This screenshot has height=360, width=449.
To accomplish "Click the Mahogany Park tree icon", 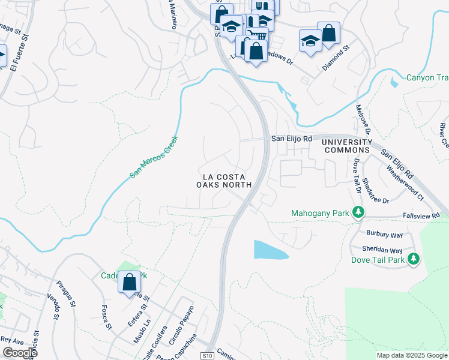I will (x=358, y=212).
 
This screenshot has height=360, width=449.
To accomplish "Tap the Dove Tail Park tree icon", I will (x=414, y=259).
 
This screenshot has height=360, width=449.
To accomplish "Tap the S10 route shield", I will (x=207, y=355).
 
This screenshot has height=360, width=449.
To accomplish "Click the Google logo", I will (x=20, y=353).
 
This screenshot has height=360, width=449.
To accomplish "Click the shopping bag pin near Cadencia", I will (x=129, y=282).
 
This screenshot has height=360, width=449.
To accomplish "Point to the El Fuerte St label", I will (x=19, y=52).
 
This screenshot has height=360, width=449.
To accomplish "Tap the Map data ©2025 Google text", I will (x=411, y=355).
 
